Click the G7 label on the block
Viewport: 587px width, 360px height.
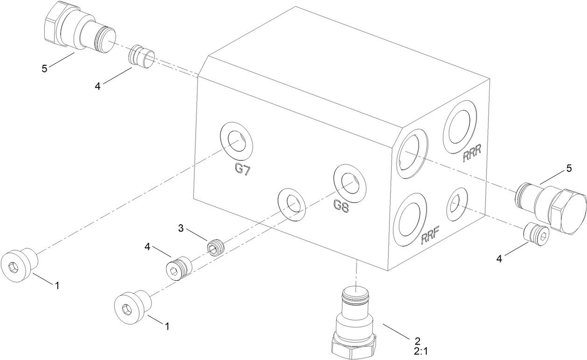(243, 169)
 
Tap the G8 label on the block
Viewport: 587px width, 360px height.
(341, 206)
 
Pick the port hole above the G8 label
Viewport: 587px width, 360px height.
(350, 182)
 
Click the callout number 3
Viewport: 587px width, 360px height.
(180, 228)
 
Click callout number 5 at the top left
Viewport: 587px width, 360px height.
(44, 68)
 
